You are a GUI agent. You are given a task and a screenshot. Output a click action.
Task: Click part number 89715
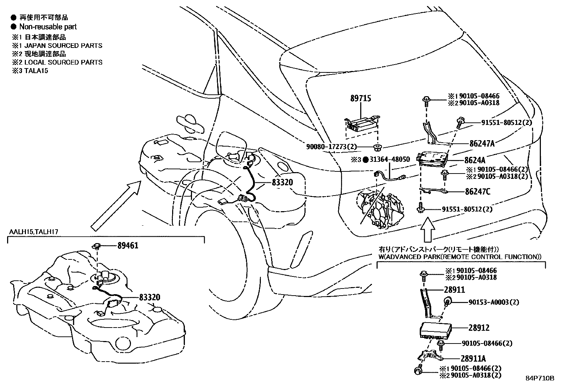tap(361, 98)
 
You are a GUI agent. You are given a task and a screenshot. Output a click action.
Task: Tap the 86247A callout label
tap(482, 143)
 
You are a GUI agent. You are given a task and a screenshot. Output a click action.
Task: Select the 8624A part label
tap(475, 160)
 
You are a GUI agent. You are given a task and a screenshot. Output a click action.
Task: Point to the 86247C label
tap(478, 192)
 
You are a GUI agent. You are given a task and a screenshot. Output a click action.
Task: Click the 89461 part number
tap(128, 246)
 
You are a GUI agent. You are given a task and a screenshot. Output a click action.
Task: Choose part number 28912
tap(479, 328)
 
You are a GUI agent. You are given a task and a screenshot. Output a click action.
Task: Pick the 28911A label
tap(473, 358)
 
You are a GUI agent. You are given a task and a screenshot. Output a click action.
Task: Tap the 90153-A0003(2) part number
tap(494, 302)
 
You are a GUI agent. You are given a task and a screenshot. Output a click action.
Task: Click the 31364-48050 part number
tap(390, 159)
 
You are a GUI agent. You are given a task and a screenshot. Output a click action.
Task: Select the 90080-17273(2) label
tap(331, 147)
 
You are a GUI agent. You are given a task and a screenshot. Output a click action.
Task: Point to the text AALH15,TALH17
tap(34, 232)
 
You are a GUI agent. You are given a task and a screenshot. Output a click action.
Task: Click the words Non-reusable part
tap(48, 27)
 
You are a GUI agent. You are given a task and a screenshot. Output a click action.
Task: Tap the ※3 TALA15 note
tap(30, 71)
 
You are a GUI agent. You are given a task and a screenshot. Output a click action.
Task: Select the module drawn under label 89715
tap(362, 124)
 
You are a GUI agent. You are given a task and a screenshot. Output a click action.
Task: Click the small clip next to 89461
tap(97, 245)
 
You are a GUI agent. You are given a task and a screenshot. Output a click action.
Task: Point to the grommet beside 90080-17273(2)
tap(377, 147)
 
